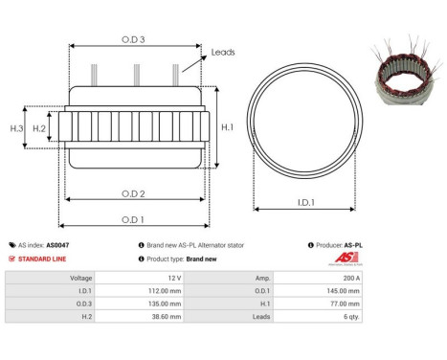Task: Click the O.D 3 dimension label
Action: click(x=134, y=39)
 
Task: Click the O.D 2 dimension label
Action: click(x=134, y=194)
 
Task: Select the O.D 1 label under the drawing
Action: click(x=134, y=217)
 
